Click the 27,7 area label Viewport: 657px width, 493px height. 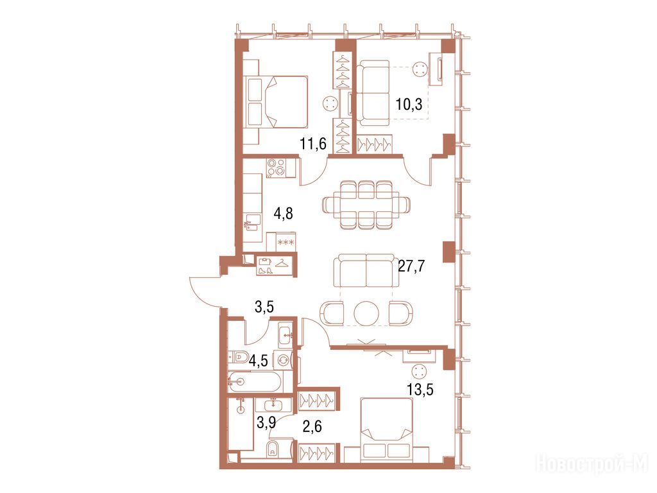411,266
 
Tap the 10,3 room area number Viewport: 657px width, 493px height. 409,105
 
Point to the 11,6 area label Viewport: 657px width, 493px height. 313,144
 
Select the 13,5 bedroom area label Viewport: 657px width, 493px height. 420,390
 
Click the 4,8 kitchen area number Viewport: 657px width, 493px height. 283,213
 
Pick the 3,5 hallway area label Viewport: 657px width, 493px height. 264,307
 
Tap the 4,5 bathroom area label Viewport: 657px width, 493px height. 258,361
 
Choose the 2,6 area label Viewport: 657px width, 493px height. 312,427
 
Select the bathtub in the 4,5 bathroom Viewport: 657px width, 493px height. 255,381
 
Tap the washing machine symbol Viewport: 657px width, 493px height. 282,359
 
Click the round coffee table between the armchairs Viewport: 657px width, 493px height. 366,313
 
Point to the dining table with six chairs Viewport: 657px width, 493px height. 366,205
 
